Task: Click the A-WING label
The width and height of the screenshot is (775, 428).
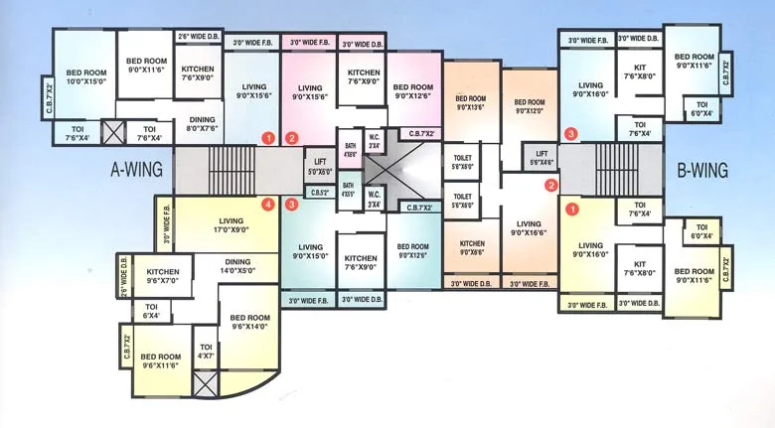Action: (x=137, y=171)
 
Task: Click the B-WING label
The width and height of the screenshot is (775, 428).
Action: (x=702, y=171)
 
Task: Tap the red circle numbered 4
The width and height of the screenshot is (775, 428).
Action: (x=267, y=206)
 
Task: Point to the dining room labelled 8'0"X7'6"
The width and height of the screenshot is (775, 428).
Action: (x=203, y=123)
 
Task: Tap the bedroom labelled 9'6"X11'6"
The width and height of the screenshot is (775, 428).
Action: (x=160, y=361)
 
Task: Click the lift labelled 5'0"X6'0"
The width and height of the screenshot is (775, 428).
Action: (x=319, y=166)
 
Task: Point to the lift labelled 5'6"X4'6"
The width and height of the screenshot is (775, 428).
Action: (x=542, y=157)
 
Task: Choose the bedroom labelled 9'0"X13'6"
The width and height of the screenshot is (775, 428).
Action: (x=470, y=103)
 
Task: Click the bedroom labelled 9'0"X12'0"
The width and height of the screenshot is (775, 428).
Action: (x=529, y=106)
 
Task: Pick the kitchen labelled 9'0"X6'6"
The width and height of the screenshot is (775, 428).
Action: (x=472, y=247)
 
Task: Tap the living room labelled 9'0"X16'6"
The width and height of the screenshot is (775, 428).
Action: (x=529, y=229)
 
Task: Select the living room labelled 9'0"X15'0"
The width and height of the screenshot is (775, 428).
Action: (x=310, y=252)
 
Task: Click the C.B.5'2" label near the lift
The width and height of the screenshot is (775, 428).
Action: (x=319, y=193)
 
